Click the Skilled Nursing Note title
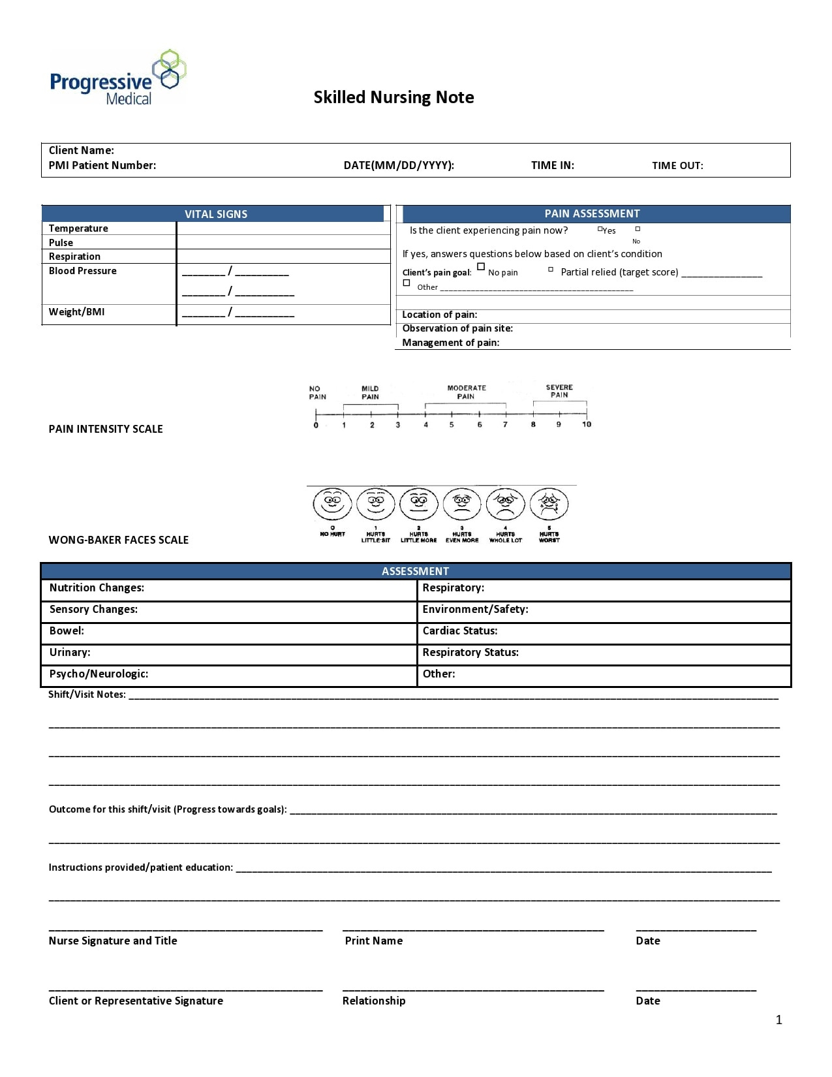tap(393, 97)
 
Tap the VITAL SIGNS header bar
tap(215, 214)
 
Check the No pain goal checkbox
tap(481, 267)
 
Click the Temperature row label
tap(78, 228)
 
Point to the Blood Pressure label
tap(83, 271)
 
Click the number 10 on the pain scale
tap(587, 424)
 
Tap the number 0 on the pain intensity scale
tap(316, 425)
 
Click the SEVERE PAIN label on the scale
tap(559, 391)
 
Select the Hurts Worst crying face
tap(549, 505)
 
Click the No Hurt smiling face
tap(332, 505)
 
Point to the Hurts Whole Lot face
tap(506, 505)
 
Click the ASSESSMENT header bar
tap(415, 571)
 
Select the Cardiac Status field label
tap(460, 631)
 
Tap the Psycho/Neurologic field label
tap(99, 674)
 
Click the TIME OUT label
tap(677, 166)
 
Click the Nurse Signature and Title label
tap(113, 941)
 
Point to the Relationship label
tap(374, 1001)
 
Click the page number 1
tap(778, 1020)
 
